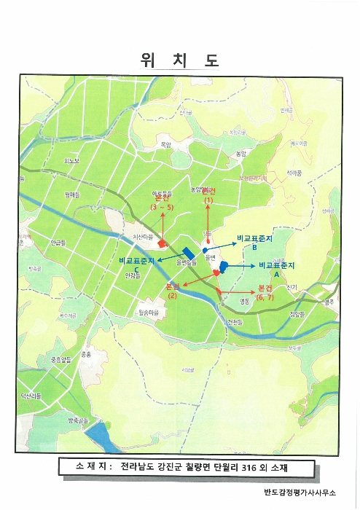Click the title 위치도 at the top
tap(179, 60)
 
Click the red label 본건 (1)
tap(208, 194)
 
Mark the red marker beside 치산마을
tap(163, 244)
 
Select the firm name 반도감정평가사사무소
tap(301, 492)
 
